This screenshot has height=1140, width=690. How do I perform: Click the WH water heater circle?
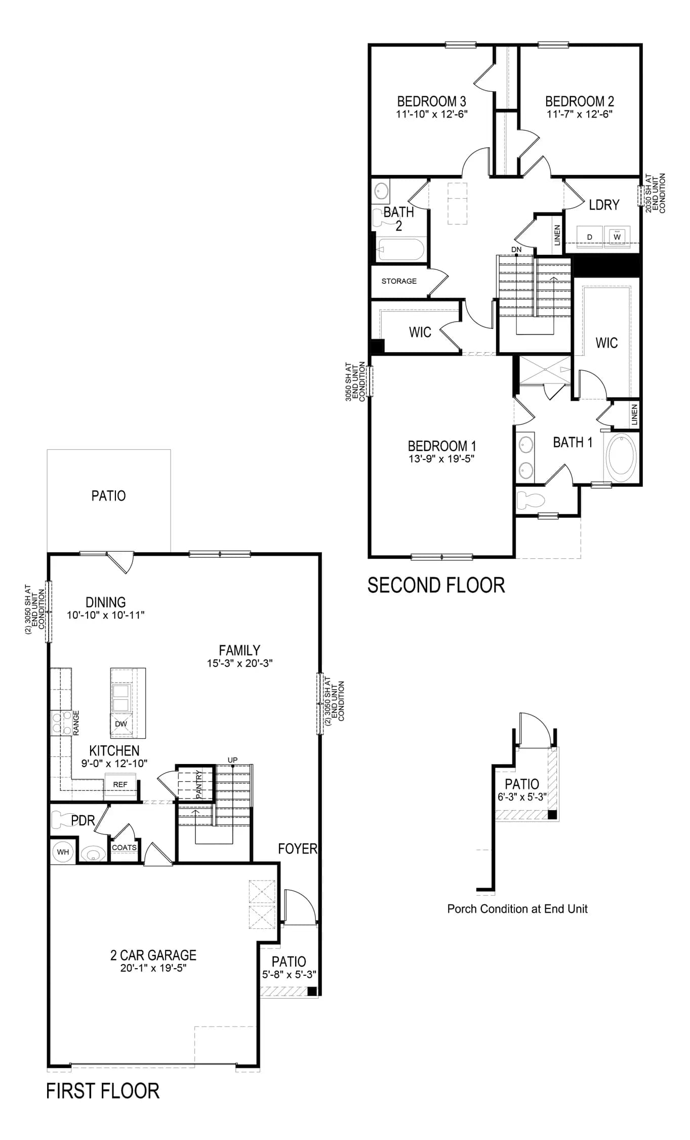point(63,852)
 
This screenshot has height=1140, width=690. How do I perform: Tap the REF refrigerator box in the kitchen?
point(120,784)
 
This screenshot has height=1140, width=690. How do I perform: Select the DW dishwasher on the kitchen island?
point(121,724)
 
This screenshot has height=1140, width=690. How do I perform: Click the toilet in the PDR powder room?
point(64,819)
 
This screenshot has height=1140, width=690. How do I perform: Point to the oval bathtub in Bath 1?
point(622,455)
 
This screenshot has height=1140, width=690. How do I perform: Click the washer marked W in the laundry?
point(617,237)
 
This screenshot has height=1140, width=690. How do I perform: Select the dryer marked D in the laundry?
point(590,237)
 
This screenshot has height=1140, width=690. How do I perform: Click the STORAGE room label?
point(399,281)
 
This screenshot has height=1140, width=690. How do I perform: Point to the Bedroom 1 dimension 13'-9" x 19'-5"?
point(441,459)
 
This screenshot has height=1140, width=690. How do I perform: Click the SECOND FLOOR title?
point(436,585)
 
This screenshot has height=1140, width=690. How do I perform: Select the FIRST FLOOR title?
point(103,1091)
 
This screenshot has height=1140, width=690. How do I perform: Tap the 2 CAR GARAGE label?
point(153,955)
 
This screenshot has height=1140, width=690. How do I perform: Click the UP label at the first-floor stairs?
point(232,760)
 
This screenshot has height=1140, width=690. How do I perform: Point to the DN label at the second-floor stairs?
point(516,250)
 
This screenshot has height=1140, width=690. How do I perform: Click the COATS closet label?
point(124,848)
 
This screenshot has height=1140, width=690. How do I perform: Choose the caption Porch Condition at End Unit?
point(517,909)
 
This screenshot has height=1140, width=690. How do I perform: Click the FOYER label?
point(298,849)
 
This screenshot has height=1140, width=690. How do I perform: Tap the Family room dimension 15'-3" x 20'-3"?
point(240,663)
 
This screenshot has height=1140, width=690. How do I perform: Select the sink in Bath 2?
point(381,191)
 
